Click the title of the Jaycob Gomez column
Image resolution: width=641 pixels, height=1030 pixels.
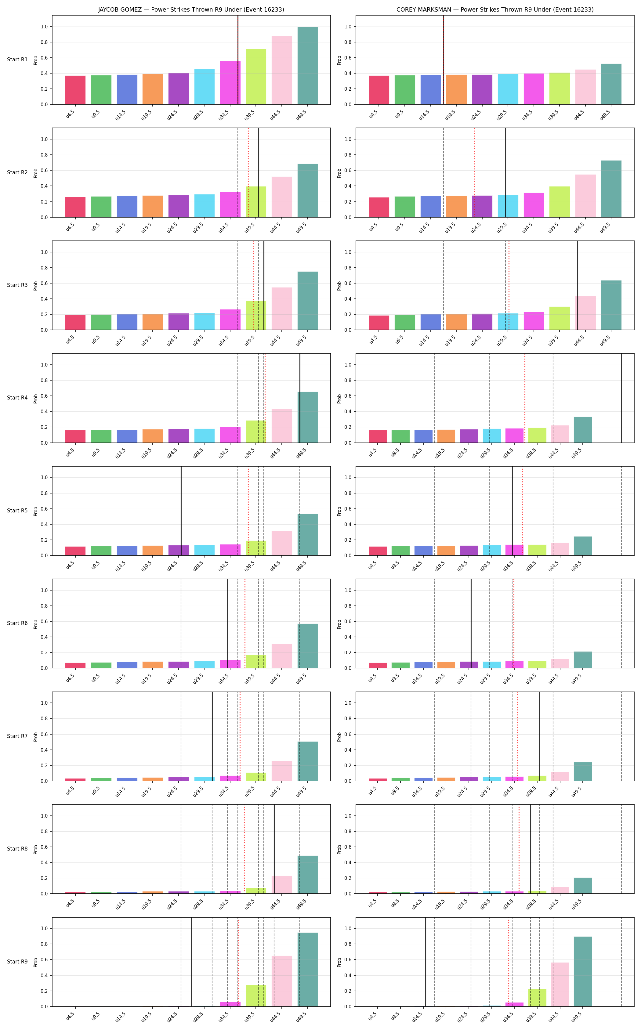(191, 9)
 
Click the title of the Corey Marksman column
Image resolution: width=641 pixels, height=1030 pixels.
(495, 9)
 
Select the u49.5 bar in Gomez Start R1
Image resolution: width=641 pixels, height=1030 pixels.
(307, 66)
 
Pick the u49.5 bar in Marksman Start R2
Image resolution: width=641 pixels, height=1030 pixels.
(611, 189)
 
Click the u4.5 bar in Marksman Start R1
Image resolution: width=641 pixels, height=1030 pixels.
(379, 90)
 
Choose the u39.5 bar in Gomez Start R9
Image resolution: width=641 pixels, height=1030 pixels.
(256, 995)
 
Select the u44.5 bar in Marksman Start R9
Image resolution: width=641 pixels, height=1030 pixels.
(560, 984)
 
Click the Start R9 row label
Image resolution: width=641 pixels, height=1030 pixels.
(17, 961)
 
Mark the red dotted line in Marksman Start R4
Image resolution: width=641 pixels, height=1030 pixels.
(525, 398)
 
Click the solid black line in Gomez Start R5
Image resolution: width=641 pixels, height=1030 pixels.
(181, 511)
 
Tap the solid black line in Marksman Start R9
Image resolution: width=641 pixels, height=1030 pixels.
(425, 962)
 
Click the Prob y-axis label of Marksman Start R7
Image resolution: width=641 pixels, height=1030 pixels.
(339, 736)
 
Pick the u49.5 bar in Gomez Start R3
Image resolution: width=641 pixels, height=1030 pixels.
(307, 301)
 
